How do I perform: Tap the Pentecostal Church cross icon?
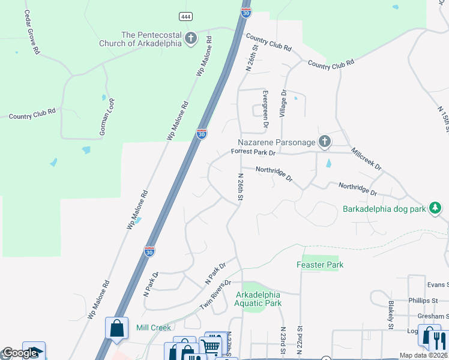[x=191, y=39]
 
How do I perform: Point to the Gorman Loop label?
[x=107, y=115]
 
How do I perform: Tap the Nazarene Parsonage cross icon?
[x=324, y=142]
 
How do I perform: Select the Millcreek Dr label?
[x=366, y=159]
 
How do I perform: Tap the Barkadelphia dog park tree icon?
[x=435, y=209]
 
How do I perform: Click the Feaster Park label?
[x=319, y=265]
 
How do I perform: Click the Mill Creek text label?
[x=154, y=328]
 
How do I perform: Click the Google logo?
[x=20, y=353]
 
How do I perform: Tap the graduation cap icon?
[x=34, y=352]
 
